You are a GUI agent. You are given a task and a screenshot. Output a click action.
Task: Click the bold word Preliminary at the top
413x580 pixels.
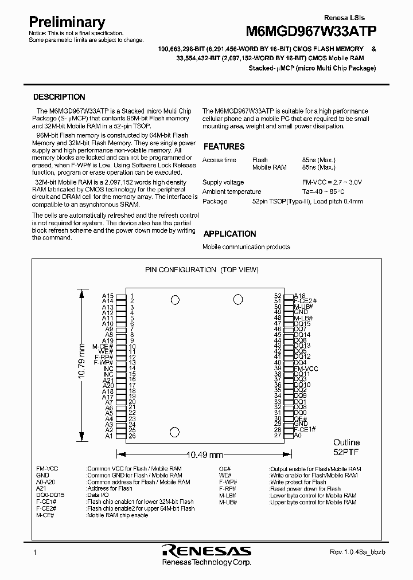67,22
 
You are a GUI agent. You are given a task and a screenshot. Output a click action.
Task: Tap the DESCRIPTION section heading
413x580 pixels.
59,97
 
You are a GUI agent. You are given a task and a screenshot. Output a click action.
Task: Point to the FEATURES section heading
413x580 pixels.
224,147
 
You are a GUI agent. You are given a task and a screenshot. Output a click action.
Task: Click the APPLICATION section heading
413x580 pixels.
229,234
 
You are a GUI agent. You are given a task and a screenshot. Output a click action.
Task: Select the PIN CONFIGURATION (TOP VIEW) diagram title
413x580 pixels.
201,269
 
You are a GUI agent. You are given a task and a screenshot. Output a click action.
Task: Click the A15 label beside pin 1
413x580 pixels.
108,296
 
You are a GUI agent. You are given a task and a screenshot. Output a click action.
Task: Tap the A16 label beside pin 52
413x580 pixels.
300,296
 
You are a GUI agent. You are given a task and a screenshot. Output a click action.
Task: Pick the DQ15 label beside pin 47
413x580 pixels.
302,324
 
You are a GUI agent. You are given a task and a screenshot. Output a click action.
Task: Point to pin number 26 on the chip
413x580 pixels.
132,436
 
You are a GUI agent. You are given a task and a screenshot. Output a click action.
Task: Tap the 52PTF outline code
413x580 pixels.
346,452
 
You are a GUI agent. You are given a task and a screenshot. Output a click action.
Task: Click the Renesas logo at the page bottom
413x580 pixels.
206,551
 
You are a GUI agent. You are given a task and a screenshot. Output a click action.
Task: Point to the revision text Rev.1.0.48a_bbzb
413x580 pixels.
353,552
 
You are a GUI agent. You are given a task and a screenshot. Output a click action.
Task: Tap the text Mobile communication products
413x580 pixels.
246,247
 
